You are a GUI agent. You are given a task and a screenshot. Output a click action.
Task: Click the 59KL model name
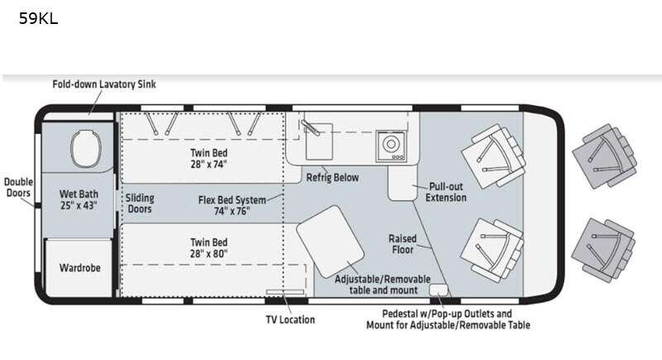(x=38, y=18)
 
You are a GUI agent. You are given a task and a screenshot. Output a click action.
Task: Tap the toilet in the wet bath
(x=86, y=149)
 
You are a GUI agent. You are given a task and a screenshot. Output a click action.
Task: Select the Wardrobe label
(x=79, y=267)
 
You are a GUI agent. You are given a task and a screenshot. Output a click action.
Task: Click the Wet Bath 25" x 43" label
(x=79, y=199)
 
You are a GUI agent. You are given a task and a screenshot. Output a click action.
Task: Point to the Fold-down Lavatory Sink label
(x=104, y=84)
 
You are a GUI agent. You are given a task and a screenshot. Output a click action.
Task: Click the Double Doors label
(x=18, y=187)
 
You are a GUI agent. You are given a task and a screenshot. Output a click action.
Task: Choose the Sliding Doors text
(x=140, y=204)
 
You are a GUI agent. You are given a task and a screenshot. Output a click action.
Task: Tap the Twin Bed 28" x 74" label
(x=209, y=159)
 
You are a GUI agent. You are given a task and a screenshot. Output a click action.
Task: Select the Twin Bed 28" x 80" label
(x=209, y=247)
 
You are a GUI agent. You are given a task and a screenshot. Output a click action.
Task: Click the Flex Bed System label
(x=233, y=205)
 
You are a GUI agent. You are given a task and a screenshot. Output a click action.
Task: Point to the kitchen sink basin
(x=319, y=142)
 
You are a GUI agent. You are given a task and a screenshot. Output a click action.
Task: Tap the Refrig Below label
(x=333, y=178)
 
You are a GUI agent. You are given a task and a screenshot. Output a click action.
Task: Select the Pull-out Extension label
(x=446, y=192)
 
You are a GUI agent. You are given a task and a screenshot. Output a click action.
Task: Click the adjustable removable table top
(x=330, y=242)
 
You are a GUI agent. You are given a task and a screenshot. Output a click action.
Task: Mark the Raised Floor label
(x=403, y=244)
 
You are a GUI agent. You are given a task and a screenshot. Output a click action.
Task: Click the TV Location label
(x=290, y=319)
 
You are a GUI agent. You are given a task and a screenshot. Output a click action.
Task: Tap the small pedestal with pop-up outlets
(x=439, y=290)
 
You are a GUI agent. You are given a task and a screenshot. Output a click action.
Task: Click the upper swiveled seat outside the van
(x=605, y=156)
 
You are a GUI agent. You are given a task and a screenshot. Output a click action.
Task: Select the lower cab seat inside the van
(x=492, y=250)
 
